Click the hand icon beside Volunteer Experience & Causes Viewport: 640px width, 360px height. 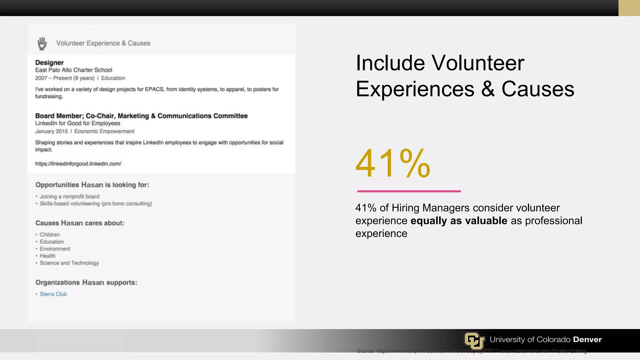[x=42, y=43]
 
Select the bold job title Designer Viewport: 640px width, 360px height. [x=49, y=62]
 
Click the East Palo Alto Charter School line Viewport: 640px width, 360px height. [x=73, y=70]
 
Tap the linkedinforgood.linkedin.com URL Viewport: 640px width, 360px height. [x=78, y=164]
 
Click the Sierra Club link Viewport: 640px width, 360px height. [x=53, y=294]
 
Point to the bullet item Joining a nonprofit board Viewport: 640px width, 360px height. [x=69, y=197]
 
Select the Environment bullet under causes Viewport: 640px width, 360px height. [x=55, y=249]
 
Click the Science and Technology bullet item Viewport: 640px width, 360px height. [x=69, y=263]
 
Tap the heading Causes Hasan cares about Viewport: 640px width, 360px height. [x=80, y=223]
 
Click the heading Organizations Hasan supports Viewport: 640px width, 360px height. [x=86, y=282]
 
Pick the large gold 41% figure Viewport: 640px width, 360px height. [x=393, y=163]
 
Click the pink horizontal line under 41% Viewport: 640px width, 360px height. [x=409, y=191]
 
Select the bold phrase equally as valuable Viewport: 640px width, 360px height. [x=459, y=221]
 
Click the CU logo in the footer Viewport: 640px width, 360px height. [x=474, y=340]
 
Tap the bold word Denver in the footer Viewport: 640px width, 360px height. [x=587, y=339]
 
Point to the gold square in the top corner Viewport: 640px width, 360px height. [x=629, y=8]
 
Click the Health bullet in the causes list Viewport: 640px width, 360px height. [x=47, y=256]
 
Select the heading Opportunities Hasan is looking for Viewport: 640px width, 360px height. [x=92, y=185]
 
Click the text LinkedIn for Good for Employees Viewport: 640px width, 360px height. [x=77, y=123]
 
